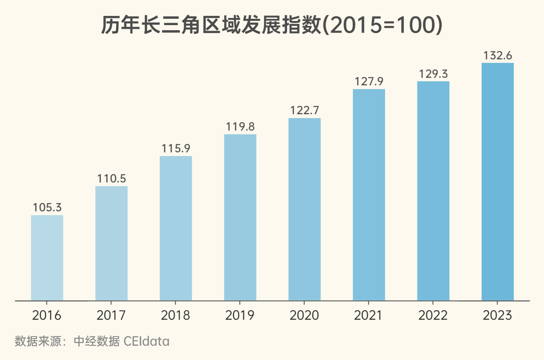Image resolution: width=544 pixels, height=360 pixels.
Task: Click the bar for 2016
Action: click(47, 258)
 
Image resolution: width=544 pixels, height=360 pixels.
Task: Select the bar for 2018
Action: click(176, 228)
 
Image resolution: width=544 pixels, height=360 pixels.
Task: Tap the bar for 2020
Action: click(305, 209)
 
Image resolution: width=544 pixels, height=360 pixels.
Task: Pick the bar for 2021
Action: click(369, 195)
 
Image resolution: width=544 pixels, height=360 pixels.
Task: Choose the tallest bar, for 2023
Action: click(498, 182)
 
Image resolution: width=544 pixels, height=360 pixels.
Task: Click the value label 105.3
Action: click(47, 207)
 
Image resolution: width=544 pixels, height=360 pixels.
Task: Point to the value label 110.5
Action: click(111, 178)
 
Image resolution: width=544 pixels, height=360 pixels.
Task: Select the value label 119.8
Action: click(240, 126)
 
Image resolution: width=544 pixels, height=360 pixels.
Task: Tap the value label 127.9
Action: click(369, 81)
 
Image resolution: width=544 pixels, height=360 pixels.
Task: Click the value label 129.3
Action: click(433, 74)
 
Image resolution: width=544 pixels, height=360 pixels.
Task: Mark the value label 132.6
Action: click(498, 55)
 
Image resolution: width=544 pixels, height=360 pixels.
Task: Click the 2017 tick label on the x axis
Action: click(111, 315)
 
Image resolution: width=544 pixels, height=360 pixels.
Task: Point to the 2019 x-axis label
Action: click(240, 315)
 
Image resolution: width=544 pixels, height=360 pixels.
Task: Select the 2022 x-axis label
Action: click(433, 315)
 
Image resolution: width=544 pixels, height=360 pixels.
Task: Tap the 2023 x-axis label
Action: click(498, 315)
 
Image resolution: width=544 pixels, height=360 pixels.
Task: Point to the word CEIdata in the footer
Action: click(147, 342)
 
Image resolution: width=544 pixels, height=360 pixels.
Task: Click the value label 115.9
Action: click(176, 148)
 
